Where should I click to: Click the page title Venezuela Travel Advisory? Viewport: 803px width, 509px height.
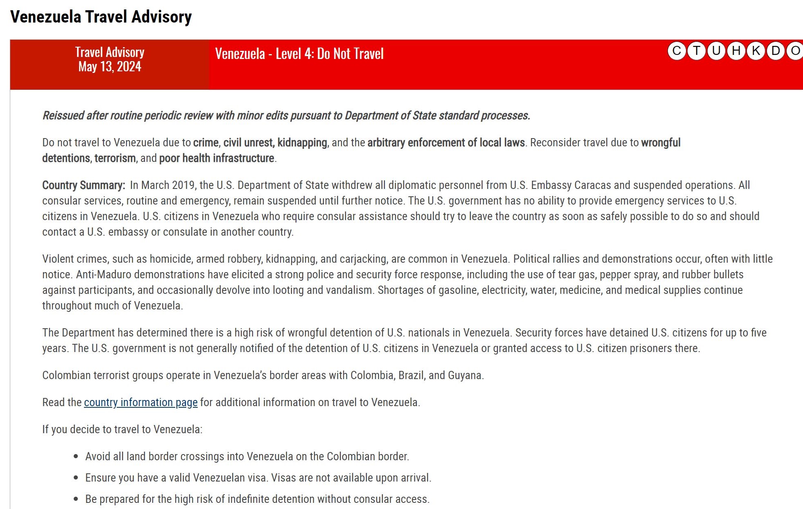tap(101, 17)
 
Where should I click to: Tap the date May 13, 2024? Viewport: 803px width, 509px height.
tap(110, 66)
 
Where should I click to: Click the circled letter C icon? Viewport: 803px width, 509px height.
tap(676, 51)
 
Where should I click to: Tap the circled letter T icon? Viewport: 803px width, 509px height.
tap(696, 51)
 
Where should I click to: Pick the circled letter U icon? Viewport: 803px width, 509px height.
tap(716, 51)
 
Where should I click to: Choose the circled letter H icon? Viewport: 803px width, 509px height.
tap(736, 51)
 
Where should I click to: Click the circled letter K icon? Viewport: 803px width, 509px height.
tap(756, 51)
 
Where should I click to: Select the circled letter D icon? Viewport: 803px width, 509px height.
tap(776, 51)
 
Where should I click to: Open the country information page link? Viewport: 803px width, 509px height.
tap(140, 402)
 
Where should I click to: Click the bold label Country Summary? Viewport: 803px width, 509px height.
tap(84, 185)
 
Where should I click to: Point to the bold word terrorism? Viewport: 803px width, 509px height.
tap(115, 158)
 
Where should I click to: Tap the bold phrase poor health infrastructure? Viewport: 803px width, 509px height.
tap(217, 158)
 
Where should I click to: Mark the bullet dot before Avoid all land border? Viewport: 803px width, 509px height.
tap(76, 457)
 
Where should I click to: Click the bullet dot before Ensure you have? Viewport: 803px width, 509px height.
tap(76, 478)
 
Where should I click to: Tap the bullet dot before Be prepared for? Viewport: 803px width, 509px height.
tap(76, 499)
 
